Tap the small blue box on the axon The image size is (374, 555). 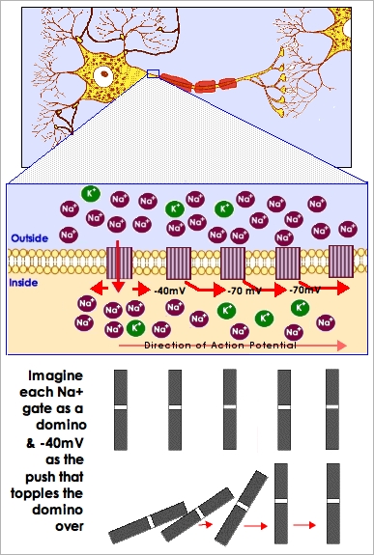click(153, 72)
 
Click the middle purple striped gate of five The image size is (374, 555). click(236, 264)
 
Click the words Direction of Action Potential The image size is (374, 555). click(214, 344)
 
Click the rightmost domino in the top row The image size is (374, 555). click(332, 409)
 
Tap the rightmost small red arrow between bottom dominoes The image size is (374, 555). click(304, 525)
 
